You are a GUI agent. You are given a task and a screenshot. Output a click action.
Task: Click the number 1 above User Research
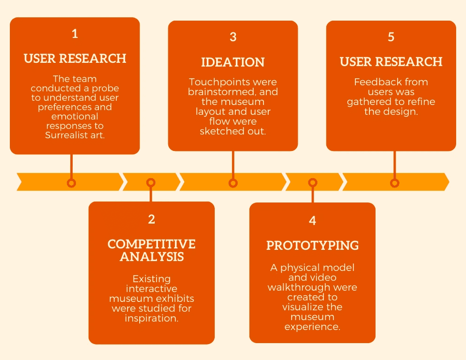click(75, 34)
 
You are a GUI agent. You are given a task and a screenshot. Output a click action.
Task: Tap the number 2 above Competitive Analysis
click(151, 219)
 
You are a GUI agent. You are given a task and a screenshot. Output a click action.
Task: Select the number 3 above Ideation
click(233, 37)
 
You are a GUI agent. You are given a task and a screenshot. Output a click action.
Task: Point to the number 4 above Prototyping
click(313, 221)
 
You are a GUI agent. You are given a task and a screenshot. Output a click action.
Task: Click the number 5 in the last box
click(391, 37)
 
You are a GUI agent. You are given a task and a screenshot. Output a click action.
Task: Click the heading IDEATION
click(233, 62)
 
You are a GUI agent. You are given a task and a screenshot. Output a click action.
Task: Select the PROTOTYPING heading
click(313, 245)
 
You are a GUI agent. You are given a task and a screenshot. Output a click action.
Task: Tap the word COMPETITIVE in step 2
click(151, 244)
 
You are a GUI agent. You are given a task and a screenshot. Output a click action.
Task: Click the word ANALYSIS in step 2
click(151, 257)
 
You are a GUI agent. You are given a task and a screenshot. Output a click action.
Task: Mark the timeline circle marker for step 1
click(71, 183)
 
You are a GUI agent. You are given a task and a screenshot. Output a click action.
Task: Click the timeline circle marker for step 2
click(150, 183)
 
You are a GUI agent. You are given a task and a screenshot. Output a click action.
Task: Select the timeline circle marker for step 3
click(233, 183)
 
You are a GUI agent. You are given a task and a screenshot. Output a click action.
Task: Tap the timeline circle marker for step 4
click(313, 183)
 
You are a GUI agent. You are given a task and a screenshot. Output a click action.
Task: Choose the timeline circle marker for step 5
click(395, 183)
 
